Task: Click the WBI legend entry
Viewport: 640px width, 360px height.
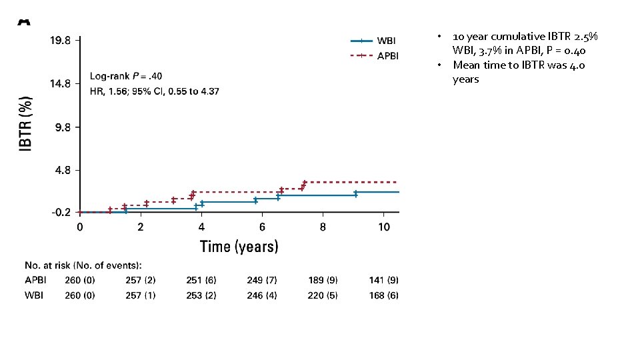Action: point(386,41)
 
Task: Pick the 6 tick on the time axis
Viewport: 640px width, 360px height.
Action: point(262,227)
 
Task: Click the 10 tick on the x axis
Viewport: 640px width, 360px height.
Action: point(384,227)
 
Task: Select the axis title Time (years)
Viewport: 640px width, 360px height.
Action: point(239,247)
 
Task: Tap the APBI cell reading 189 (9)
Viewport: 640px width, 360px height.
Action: point(323,281)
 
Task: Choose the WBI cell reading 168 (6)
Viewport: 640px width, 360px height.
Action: point(383,295)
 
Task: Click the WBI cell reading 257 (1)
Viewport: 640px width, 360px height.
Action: point(141,295)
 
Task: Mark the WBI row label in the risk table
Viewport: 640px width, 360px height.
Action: point(34,295)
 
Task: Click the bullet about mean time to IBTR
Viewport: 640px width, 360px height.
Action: point(519,72)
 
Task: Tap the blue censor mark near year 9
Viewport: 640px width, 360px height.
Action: point(356,194)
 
